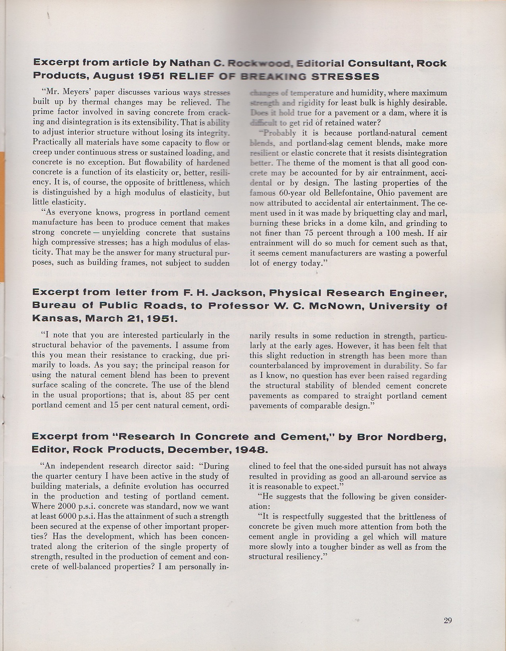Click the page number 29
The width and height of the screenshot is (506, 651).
coord(448,621)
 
